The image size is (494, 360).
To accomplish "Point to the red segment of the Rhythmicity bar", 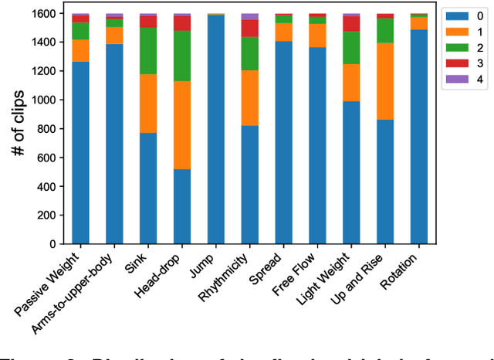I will pos(250,28).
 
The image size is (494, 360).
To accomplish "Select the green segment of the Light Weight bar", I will pos(351,48).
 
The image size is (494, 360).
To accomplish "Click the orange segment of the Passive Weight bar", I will pos(80,50).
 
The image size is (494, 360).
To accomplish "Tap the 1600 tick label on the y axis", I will pos(46,14).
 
